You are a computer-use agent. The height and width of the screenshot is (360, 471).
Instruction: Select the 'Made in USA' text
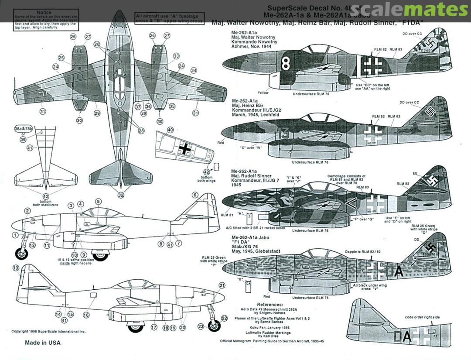click(x=43, y=343)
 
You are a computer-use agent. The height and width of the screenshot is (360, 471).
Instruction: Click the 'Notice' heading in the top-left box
click(x=44, y=13)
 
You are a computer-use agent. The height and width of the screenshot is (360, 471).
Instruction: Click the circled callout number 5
click(x=99, y=201)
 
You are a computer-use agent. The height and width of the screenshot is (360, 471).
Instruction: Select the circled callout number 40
click(x=170, y=130)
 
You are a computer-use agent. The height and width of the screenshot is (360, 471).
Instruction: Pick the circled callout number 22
click(x=224, y=318)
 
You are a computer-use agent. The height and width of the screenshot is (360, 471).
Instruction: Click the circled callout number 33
click(x=176, y=56)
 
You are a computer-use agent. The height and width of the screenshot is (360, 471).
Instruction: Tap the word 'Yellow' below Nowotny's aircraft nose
click(x=263, y=93)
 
